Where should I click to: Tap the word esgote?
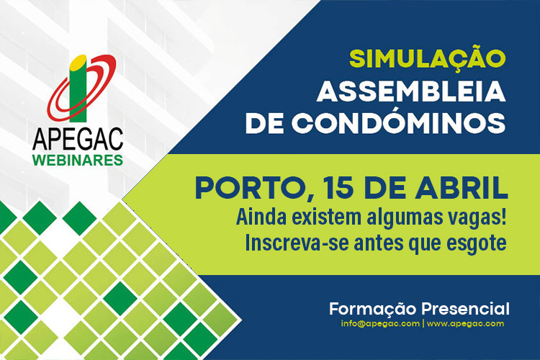pyautogui.click(x=478, y=243)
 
